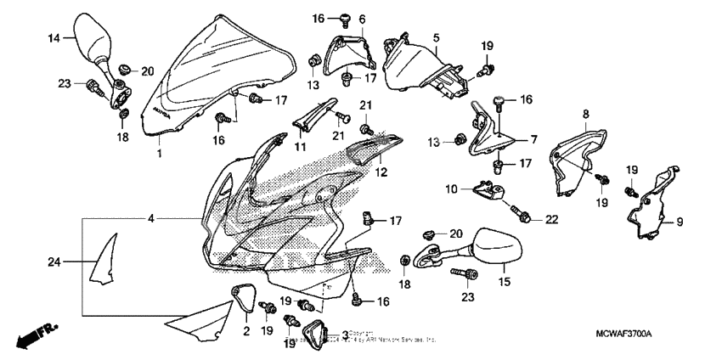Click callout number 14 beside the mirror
tap(54, 38)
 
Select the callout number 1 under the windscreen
tap(159, 154)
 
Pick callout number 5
tap(436, 38)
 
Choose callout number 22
tap(551, 220)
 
